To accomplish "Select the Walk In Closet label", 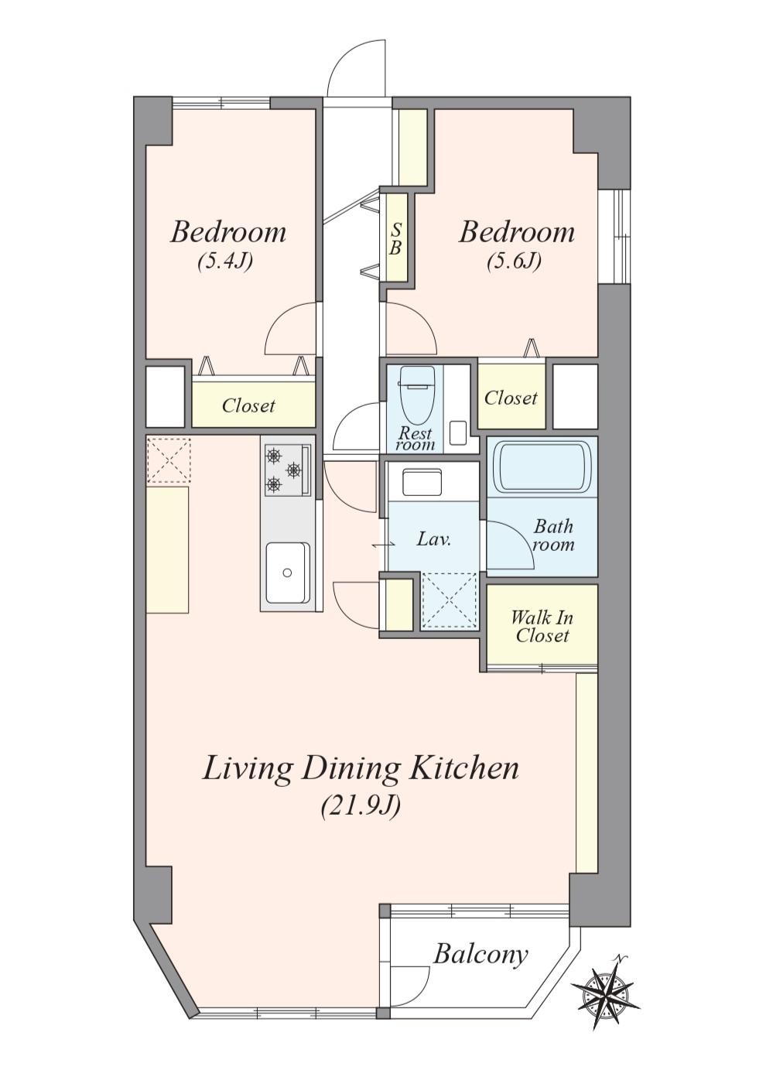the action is point(542,627).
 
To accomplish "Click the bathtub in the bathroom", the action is point(542,467).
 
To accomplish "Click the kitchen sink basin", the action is point(288,572).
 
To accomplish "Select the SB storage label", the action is point(395,239).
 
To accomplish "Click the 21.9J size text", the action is point(361,806).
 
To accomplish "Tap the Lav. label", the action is point(434,539).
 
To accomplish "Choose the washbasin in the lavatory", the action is point(422,482).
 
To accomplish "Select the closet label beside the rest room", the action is point(511,398).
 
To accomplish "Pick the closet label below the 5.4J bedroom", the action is point(248,405).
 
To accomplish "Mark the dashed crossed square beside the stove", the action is point(169,460).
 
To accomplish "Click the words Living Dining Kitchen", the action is point(361,768).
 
